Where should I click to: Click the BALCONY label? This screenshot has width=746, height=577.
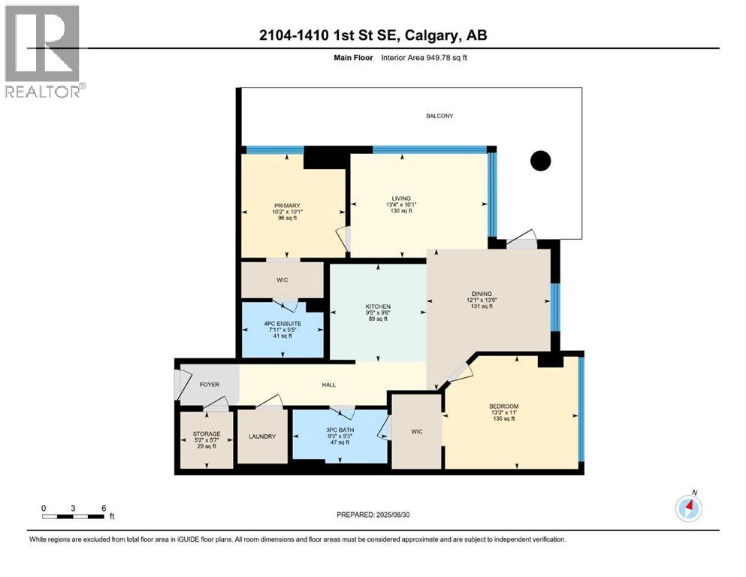(x=439, y=116)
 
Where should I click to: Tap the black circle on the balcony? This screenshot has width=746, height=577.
(x=540, y=160)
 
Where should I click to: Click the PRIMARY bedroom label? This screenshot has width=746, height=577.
(x=287, y=206)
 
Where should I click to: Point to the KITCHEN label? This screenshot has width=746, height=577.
(x=377, y=307)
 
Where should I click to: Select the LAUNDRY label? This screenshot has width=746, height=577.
(x=262, y=437)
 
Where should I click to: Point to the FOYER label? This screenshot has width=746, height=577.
(x=209, y=385)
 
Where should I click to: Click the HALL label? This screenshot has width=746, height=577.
(x=328, y=385)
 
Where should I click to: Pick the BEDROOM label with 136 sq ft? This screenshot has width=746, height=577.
(x=503, y=406)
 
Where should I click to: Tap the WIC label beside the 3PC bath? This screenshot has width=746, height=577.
(x=417, y=432)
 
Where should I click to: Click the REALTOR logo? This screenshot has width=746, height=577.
(x=43, y=51)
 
